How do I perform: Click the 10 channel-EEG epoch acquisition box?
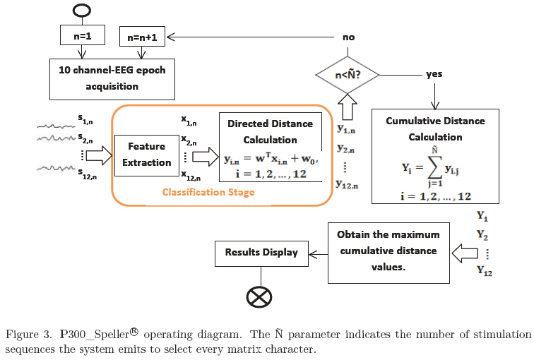pos(112,78)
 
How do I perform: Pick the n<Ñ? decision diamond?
pos(347,74)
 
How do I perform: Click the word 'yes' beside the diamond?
pos(434,73)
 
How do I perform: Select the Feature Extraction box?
pos(146,155)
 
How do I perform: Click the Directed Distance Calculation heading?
pos(270,132)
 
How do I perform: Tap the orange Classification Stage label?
pos(208,192)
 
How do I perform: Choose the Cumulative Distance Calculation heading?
pos(435,128)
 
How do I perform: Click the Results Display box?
pos(261,252)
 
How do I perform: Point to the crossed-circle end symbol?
pos(259,296)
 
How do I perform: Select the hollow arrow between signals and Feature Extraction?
pos(98,155)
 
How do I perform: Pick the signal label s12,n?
pos(88,174)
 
